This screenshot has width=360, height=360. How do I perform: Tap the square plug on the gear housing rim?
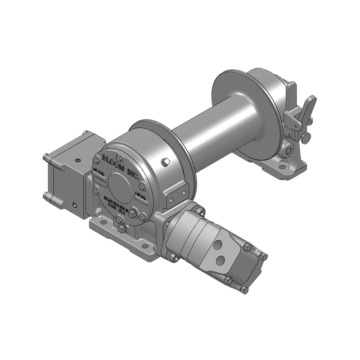(x=165, y=162)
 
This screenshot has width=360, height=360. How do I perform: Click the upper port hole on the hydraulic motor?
(x=219, y=244)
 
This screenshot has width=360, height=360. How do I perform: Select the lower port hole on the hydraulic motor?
(x=220, y=260)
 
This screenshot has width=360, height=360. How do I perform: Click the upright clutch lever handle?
(x=292, y=95)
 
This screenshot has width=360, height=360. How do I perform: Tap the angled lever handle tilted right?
(x=310, y=106)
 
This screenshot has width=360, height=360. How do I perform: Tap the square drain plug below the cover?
(x=122, y=230)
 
